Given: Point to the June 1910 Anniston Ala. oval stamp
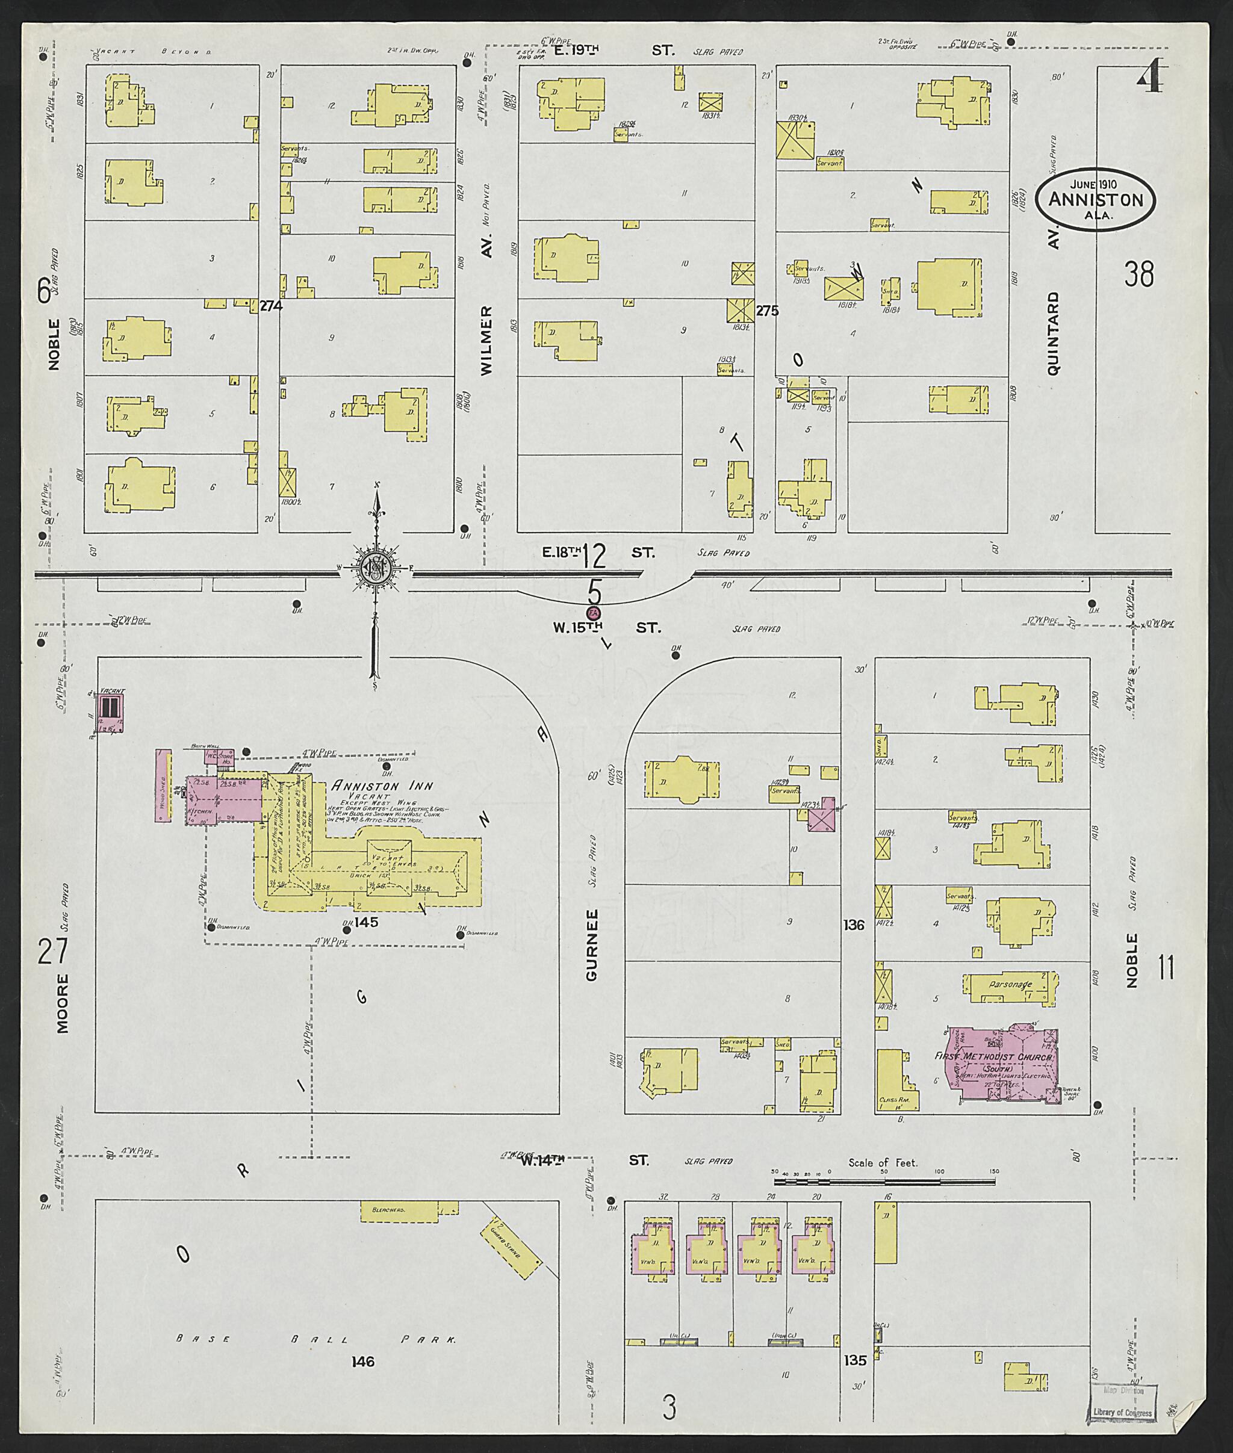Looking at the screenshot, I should coord(1095,199).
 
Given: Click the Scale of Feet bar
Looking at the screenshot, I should coord(884,1182).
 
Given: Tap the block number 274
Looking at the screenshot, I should coord(270,305).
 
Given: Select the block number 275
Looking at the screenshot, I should coord(767,311).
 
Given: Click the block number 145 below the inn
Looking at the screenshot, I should coord(365,923).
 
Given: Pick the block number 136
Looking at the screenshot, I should coord(854,925).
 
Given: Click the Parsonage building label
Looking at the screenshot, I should coord(1009,985).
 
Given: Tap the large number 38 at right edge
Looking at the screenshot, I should coord(1138,274).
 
